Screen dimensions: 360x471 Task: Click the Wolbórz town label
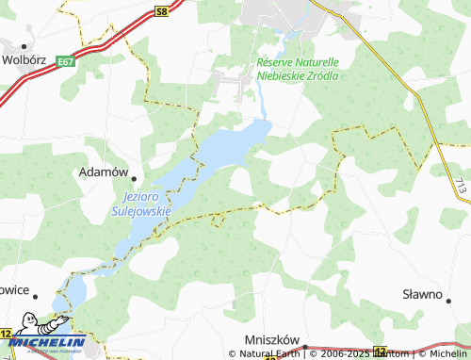coord(24,58)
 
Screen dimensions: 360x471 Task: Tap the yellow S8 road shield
coord(162,10)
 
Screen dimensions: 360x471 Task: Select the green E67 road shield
coord(65,62)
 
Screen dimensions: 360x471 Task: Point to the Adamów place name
coord(104,172)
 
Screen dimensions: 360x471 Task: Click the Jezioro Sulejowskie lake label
coord(147,205)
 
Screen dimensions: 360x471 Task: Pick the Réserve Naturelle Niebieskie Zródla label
coord(298,68)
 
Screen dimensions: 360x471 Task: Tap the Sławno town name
coord(422,294)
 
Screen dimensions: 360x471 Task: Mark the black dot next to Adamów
coord(134,178)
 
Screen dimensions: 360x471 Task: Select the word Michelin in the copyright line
coord(448,353)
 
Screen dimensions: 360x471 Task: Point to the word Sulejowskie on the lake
coord(147,211)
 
